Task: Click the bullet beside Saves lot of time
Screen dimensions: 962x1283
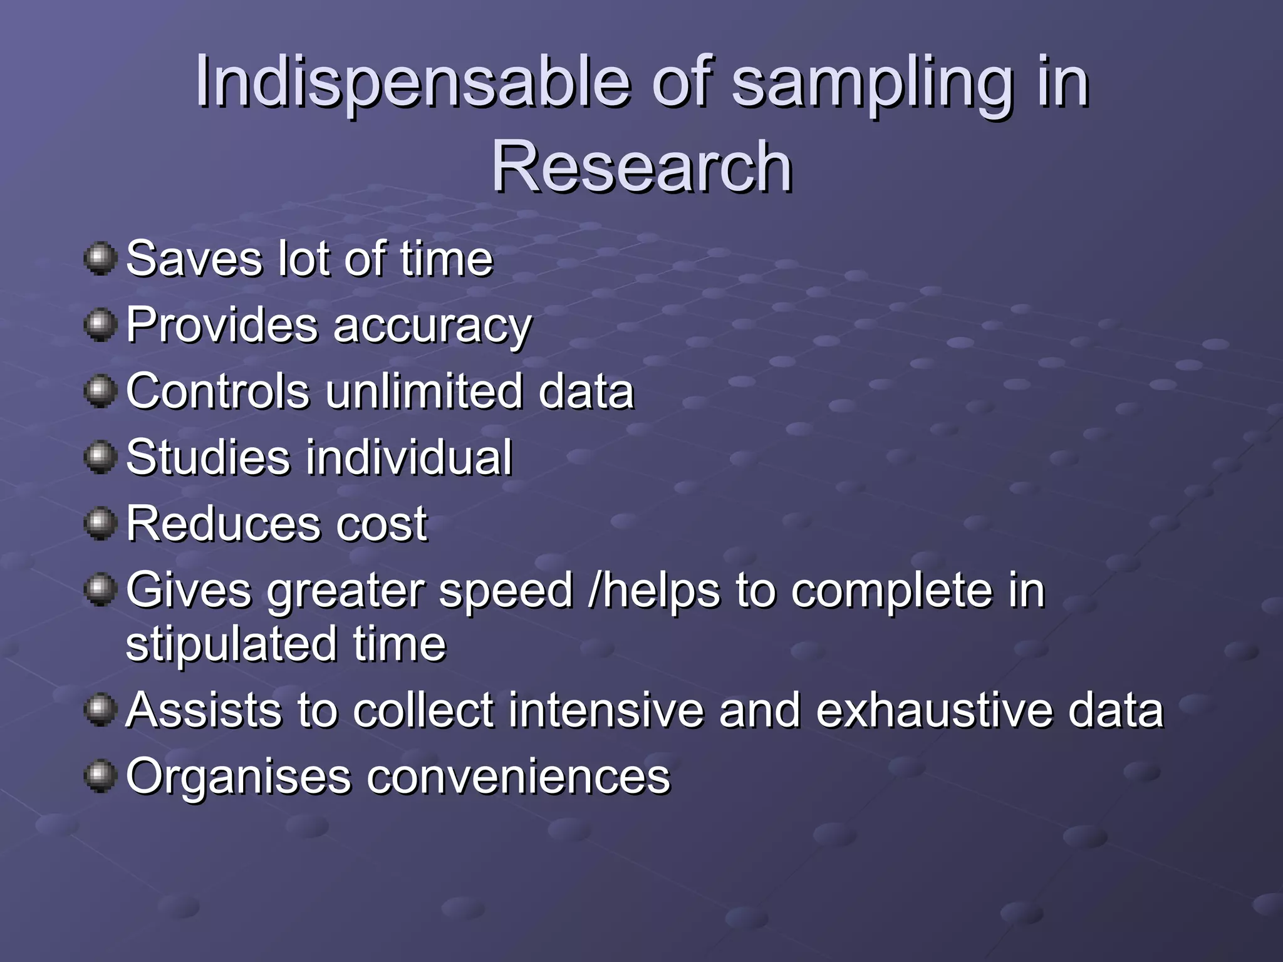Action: coord(100,259)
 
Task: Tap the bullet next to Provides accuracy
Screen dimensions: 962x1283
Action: coord(100,324)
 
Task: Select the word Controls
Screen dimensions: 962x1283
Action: coord(218,391)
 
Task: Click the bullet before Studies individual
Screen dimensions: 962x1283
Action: coord(100,457)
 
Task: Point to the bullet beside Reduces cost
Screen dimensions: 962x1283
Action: coord(100,523)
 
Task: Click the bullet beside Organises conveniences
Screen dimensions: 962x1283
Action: coord(100,776)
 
